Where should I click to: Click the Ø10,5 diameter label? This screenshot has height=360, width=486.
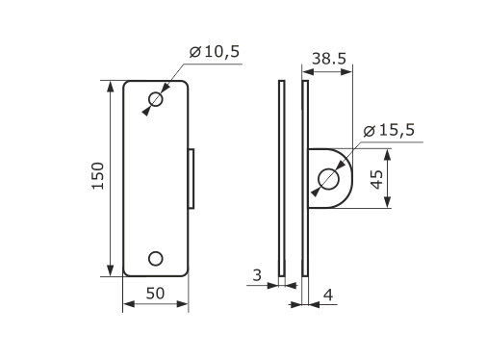(x=215, y=52)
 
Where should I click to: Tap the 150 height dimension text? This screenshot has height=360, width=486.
(x=98, y=176)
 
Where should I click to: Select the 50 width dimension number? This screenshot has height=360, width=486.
(x=155, y=294)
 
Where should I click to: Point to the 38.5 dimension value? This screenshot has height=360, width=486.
(x=329, y=59)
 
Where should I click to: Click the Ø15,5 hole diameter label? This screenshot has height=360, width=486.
(x=389, y=130)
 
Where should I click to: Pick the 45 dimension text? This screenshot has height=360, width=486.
(x=376, y=179)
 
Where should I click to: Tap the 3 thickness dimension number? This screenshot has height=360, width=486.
(x=257, y=275)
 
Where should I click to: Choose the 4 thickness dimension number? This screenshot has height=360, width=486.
(x=328, y=295)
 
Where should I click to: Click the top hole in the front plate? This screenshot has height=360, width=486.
(x=156, y=99)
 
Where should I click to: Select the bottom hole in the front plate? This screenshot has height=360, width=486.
(x=156, y=259)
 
